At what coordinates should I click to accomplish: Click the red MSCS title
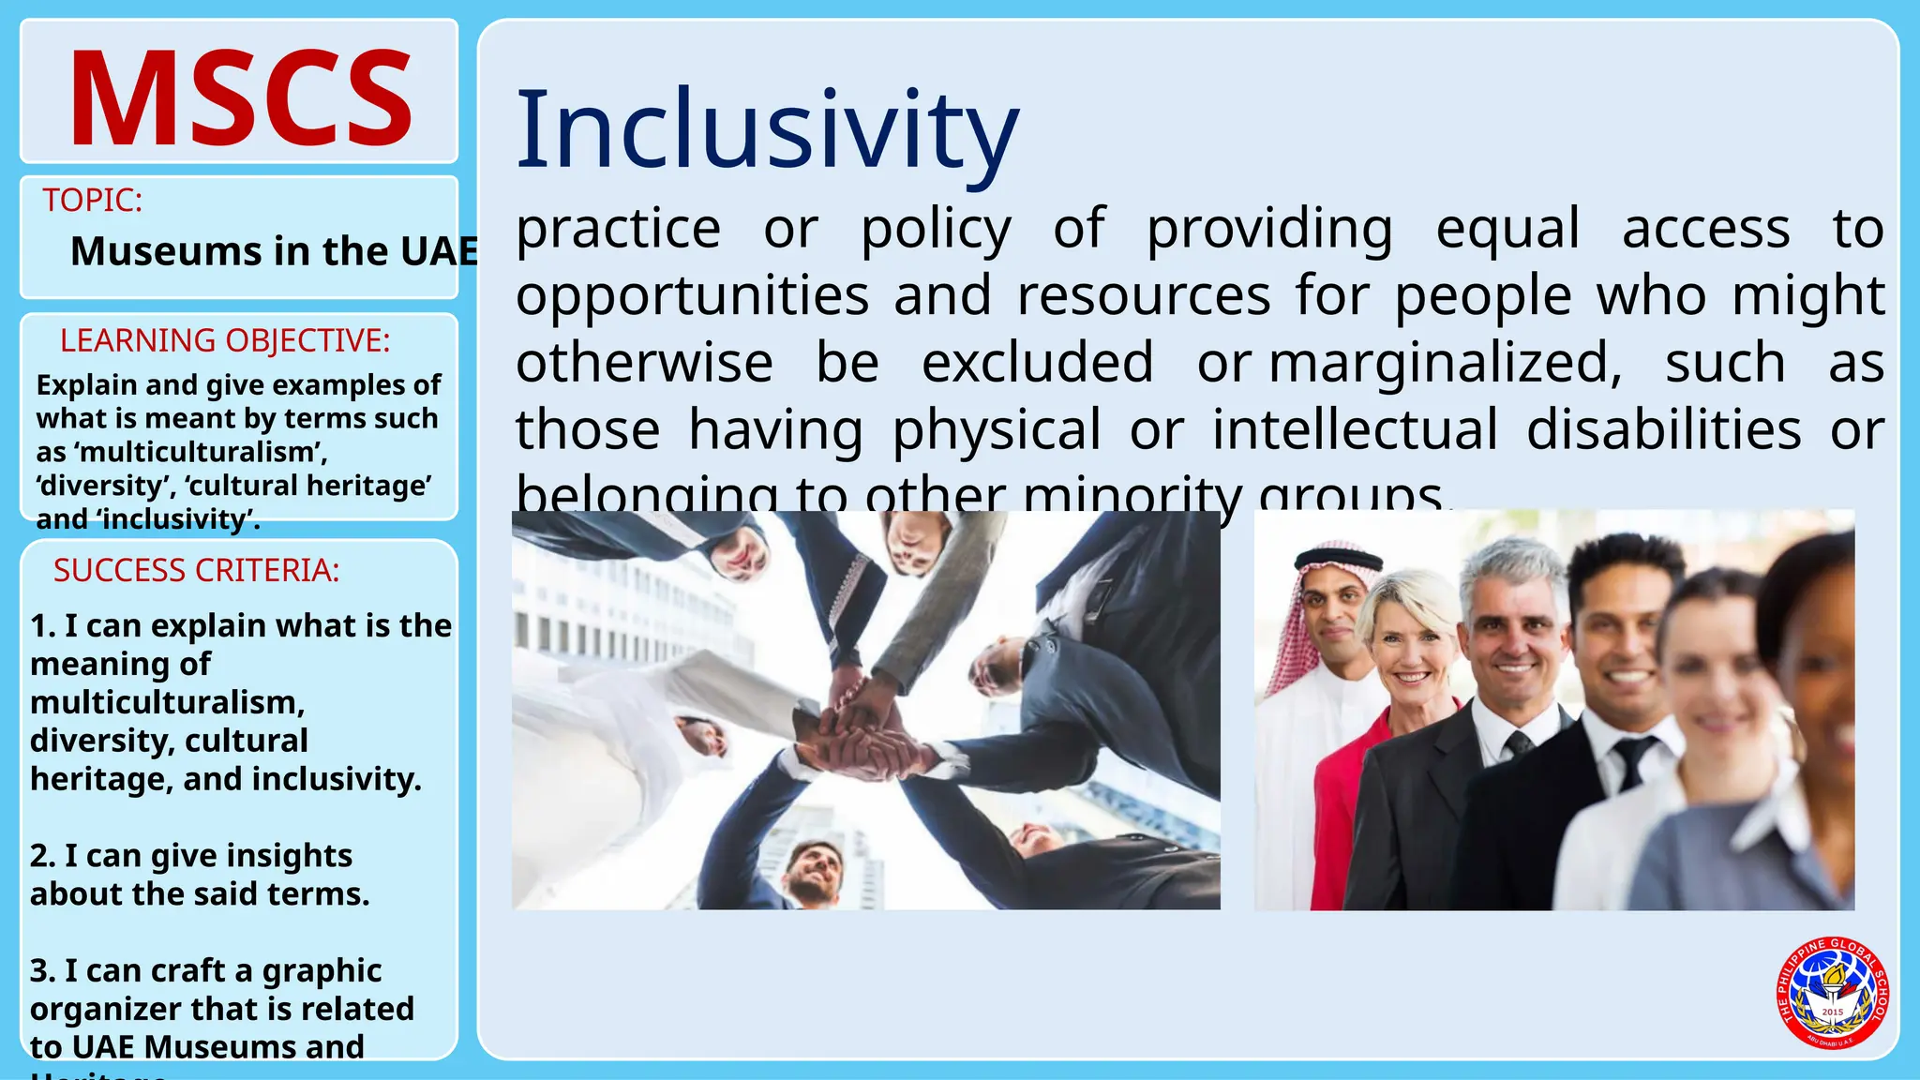pos(240,98)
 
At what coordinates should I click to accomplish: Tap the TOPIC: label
pos(92,200)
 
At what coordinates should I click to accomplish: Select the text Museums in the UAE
pos(274,251)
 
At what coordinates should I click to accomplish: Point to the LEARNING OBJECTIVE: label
pos(225,340)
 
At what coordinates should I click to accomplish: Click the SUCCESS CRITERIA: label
pos(196,570)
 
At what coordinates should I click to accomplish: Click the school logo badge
pos(1832,993)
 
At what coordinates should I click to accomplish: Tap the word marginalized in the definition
pos(1445,363)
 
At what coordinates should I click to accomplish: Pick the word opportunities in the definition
pos(692,296)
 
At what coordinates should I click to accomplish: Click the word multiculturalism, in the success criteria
pos(168,702)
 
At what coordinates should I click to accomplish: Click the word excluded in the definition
pos(1037,363)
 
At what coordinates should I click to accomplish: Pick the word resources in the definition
pos(1144,296)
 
